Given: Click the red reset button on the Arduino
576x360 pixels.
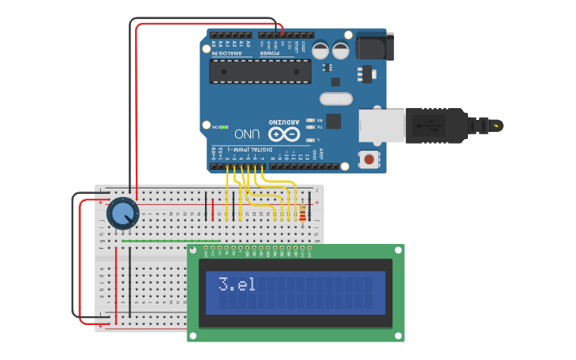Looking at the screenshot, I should point(369,159).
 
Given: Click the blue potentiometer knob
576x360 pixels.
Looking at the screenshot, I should point(122,213).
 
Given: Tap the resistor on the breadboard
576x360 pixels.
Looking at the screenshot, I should point(302,213).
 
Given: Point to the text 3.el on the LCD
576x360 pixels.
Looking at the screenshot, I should point(237,284).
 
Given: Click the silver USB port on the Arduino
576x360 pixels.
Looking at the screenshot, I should point(381,126).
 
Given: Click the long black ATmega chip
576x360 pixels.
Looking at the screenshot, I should point(260,71).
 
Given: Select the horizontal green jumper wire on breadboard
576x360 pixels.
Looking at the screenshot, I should point(171,241).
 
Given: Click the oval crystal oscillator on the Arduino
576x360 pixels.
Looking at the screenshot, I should point(336,99).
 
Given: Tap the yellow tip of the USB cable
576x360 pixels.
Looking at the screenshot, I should point(497,126).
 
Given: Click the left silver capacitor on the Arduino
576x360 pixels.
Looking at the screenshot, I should point(320,50).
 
